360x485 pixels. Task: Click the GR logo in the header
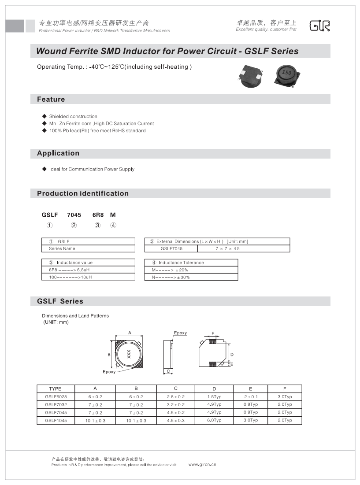(319, 26)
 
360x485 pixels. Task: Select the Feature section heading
(51, 100)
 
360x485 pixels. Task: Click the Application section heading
(58, 153)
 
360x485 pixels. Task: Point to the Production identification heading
(83, 193)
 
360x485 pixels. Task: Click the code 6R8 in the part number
(98, 215)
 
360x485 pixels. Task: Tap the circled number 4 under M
(113, 226)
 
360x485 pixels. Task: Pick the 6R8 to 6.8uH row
(66, 270)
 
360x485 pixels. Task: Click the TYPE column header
(56, 389)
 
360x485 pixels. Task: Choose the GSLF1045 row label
(56, 420)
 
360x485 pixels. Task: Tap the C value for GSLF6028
(175, 396)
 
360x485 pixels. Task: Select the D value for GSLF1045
(214, 420)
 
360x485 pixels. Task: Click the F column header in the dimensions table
(285, 389)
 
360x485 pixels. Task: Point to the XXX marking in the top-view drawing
(129, 353)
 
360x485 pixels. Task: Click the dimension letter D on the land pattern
(232, 355)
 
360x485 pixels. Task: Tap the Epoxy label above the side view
(180, 333)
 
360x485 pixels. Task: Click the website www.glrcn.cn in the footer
(202, 464)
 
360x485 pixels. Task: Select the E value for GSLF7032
(250, 404)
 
